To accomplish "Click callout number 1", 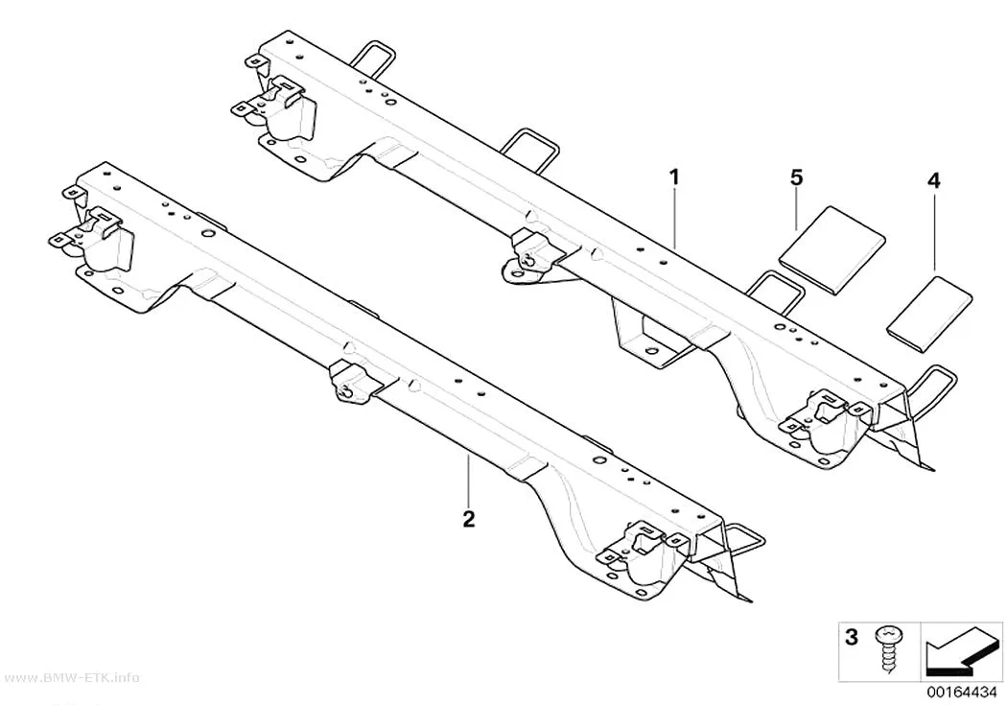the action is tap(673, 176).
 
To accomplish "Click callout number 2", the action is tap(469, 518).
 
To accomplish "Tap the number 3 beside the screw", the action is tap(852, 638).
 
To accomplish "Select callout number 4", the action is tap(934, 181).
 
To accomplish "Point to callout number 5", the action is tap(796, 177).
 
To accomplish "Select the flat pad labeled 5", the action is tap(831, 250).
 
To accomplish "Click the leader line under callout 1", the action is tap(674, 217).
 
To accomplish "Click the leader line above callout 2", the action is tap(469, 482).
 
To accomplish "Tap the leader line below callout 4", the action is tap(934, 231).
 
